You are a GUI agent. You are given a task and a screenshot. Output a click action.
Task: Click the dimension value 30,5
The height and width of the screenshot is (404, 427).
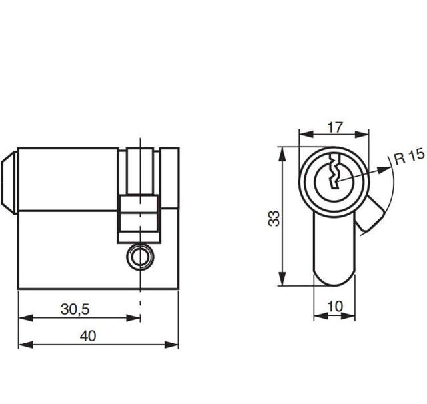pos(75,309)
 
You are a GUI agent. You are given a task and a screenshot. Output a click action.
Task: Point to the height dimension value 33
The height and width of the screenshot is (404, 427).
pos(274,218)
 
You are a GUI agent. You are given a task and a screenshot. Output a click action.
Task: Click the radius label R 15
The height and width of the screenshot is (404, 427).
pos(408,157)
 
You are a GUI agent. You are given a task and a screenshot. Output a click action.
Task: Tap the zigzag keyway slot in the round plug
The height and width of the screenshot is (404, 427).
pos(334,175)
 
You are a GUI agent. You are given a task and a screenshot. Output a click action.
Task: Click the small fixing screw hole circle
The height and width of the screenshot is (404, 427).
pos(139,256)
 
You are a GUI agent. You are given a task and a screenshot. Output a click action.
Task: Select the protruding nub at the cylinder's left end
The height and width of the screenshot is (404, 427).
pos(9,180)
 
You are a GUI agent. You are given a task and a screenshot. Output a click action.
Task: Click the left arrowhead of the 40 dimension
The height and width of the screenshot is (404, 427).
pos(22,345)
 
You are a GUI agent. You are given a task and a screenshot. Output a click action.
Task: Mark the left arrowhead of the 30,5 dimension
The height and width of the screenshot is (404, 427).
pos(22,319)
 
